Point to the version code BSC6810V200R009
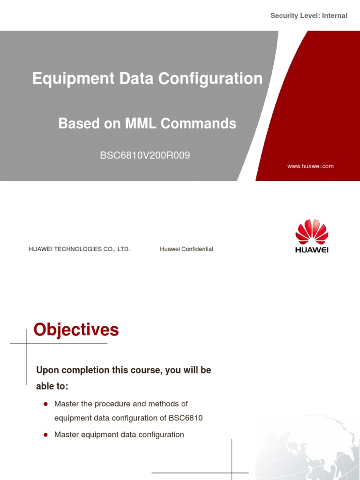point(145,155)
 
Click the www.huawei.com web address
point(311,166)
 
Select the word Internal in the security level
point(334,16)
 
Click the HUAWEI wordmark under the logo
point(312,250)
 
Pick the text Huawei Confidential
point(186,249)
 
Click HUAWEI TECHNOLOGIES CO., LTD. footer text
point(79,249)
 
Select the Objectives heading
point(76,330)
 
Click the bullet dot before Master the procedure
point(46,404)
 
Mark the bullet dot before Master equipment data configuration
point(46,435)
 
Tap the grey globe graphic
point(309,445)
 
